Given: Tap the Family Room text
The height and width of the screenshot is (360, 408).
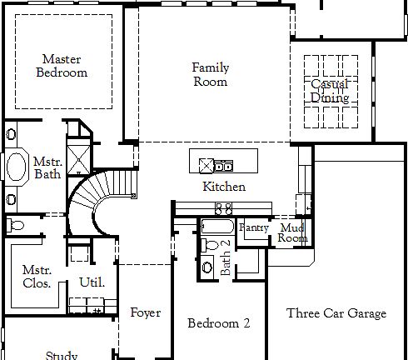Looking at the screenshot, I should (x=210, y=74).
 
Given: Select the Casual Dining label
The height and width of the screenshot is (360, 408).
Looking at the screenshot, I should (x=330, y=91).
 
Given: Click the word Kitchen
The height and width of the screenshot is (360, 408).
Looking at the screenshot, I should (x=224, y=187).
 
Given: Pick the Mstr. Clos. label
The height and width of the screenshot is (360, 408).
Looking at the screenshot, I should (x=37, y=277).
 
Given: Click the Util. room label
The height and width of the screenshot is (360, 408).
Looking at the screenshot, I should (x=92, y=282).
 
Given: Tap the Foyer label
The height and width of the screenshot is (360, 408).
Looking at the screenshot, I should (x=146, y=313).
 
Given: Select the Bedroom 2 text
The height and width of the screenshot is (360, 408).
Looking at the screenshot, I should (x=218, y=323).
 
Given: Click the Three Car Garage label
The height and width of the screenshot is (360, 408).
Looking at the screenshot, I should (x=336, y=313).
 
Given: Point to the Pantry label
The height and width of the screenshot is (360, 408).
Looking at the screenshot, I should (x=253, y=227).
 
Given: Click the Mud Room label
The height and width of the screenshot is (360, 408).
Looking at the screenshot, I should (x=292, y=232).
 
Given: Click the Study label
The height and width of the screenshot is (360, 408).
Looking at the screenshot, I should (x=62, y=355).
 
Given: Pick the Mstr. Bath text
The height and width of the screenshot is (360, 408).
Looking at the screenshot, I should (x=47, y=167).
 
